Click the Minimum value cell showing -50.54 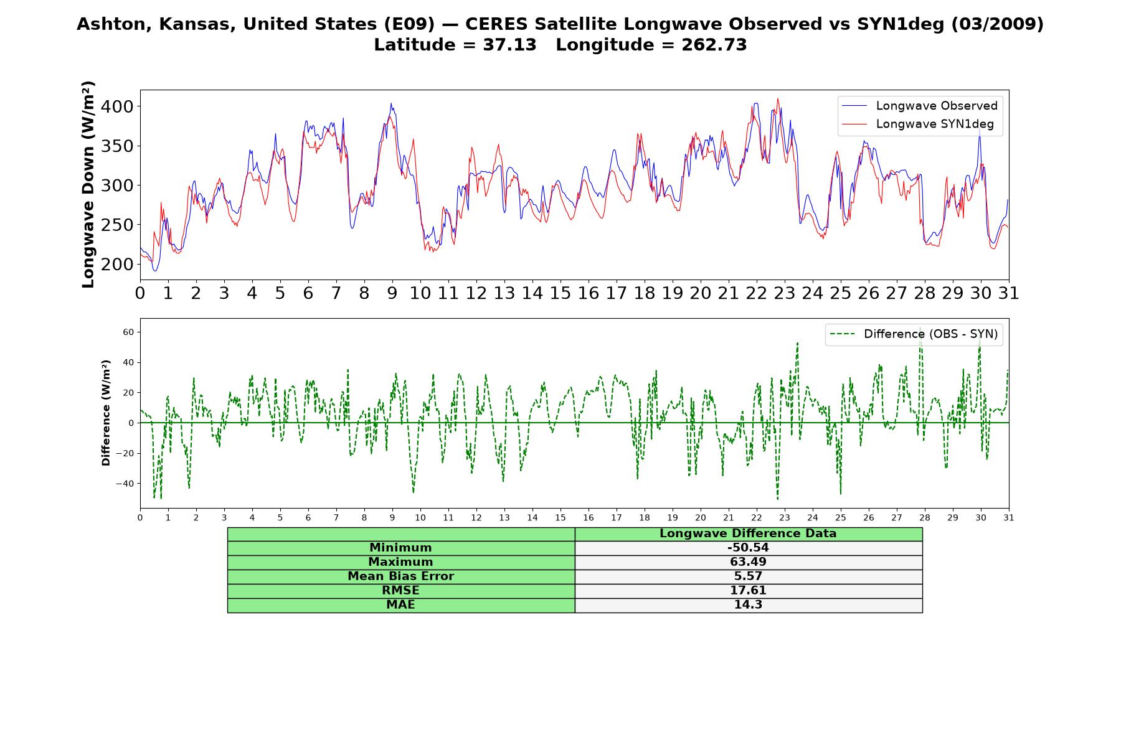(748, 548)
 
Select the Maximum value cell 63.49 (748, 562)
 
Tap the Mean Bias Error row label (400, 576)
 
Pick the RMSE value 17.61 (748, 591)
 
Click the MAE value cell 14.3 (748, 605)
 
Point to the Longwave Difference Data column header (748, 533)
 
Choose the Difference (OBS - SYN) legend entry (914, 334)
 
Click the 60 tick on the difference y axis (128, 332)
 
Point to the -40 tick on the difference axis (125, 484)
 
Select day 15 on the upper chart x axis (560, 293)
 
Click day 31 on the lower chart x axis (1009, 517)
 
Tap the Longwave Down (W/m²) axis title (88, 184)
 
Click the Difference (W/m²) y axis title (106, 413)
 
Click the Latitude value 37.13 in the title (509, 45)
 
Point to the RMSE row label (400, 591)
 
